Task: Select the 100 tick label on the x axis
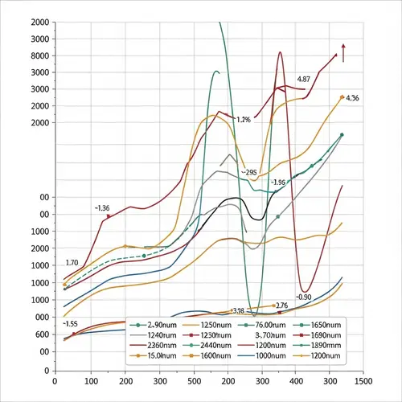[91, 382]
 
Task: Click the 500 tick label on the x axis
[195, 382]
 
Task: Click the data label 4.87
[303, 80]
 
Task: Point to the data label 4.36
[352, 98]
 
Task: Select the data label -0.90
[304, 297]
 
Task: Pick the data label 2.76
[281, 306]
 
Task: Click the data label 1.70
[71, 263]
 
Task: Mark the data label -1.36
[102, 207]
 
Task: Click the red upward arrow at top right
[343, 53]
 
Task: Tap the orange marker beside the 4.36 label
[342, 96]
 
